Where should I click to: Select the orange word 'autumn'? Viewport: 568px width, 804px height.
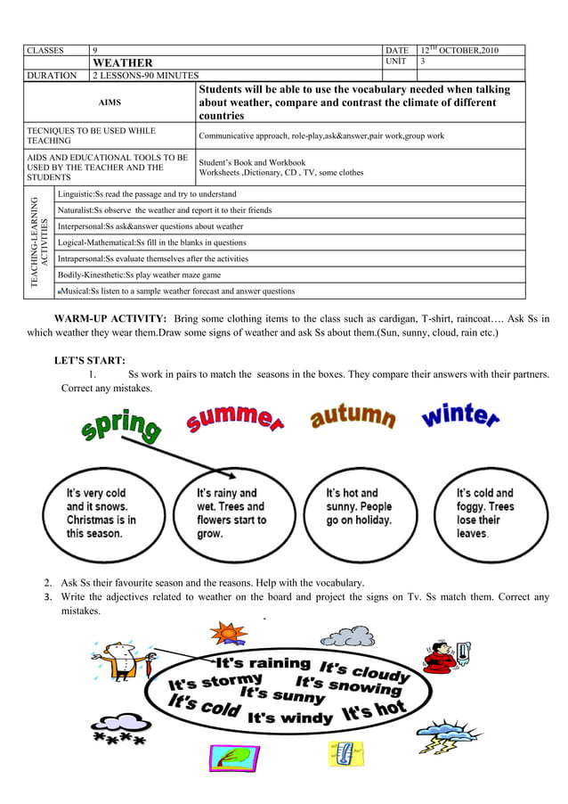click(353, 416)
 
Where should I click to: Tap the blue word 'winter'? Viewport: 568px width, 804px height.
click(459, 416)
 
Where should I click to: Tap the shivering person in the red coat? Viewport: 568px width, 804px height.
click(441, 659)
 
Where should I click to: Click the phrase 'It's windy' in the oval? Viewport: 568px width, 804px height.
click(289, 717)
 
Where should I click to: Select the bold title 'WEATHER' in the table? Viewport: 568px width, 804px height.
click(123, 63)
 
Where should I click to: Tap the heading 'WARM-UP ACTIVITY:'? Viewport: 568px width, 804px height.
click(110, 318)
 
